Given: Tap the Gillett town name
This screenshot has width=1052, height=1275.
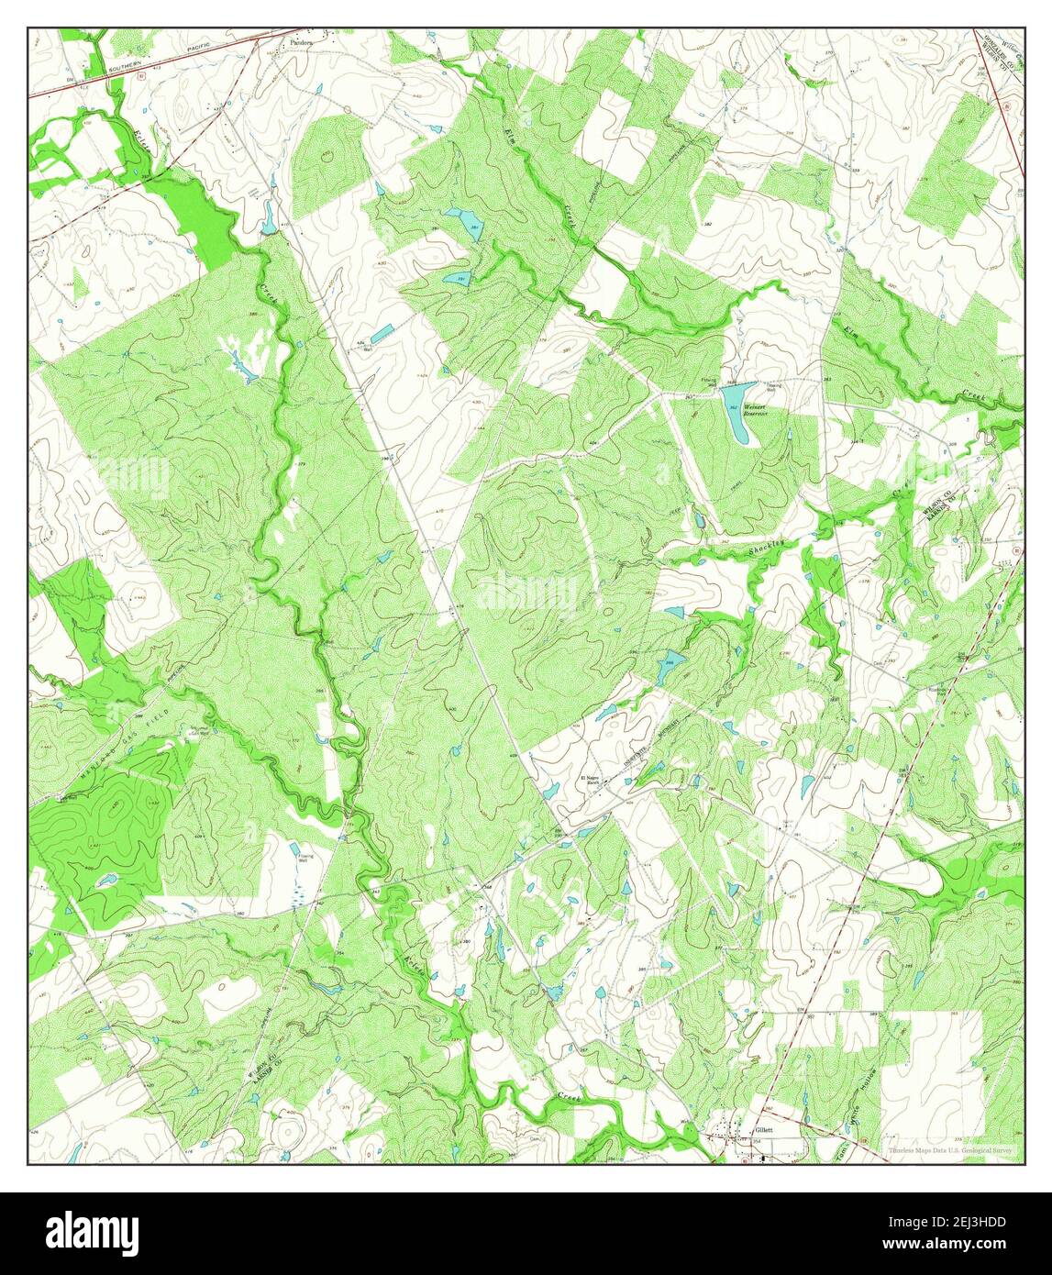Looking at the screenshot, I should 763,1130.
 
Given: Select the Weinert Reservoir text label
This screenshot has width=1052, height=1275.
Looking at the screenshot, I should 755,410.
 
